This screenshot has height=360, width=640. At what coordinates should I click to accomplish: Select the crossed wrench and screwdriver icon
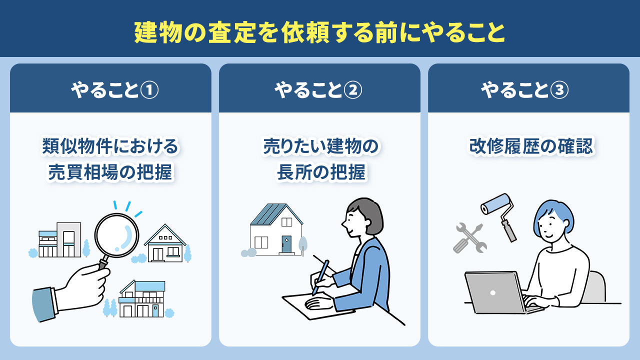[469, 238]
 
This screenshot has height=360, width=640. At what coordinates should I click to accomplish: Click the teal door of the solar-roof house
[286, 244]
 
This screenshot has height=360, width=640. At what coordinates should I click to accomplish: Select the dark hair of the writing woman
[367, 212]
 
